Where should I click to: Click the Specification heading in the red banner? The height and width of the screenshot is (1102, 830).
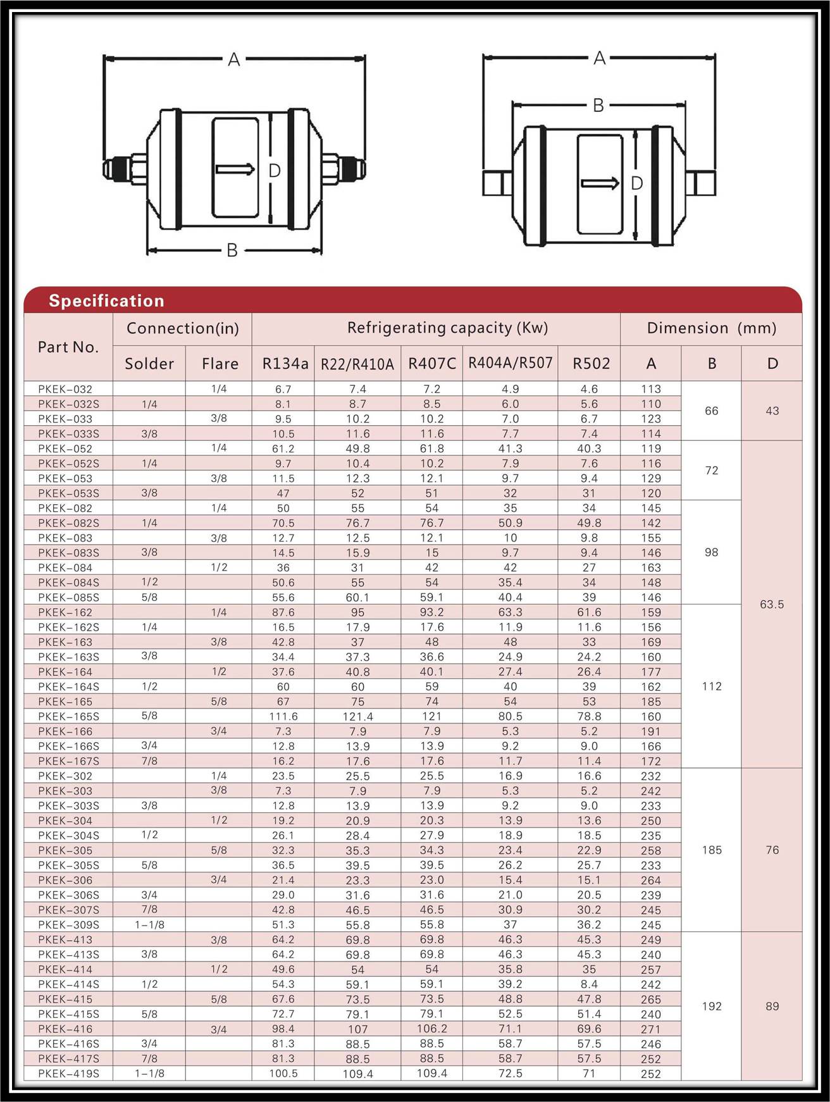106,300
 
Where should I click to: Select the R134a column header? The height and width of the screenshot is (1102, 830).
285,364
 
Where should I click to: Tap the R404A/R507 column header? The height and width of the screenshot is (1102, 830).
510,363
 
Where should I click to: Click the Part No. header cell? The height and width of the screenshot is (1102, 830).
68,347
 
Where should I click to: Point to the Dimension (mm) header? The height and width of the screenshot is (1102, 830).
711,328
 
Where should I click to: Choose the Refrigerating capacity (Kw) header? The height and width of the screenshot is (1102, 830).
447,328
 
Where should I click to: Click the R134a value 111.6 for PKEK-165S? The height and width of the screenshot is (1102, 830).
283,717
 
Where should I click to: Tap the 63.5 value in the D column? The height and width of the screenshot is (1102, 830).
772,605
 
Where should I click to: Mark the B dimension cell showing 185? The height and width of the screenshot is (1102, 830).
712,850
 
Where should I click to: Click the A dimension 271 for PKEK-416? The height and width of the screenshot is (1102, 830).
650,1029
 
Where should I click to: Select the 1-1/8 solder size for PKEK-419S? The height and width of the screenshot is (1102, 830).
149,1074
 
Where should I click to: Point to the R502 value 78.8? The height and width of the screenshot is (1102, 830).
589,717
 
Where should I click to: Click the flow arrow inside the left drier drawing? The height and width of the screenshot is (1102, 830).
235,170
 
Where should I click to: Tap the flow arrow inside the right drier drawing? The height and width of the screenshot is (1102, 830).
600,183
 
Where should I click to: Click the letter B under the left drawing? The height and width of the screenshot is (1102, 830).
232,251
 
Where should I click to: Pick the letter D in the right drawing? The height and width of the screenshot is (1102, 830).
637,183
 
